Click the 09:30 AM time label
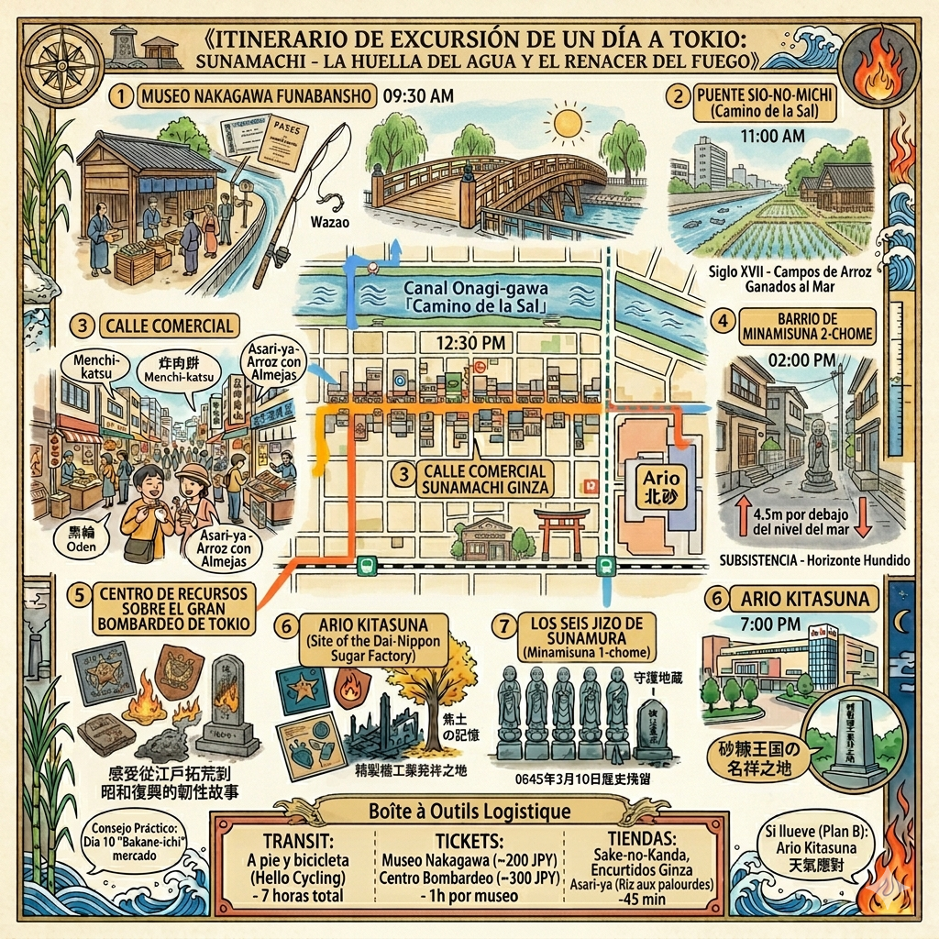click(418, 94)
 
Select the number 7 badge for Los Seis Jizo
click(503, 627)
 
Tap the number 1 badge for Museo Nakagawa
click(121, 94)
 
